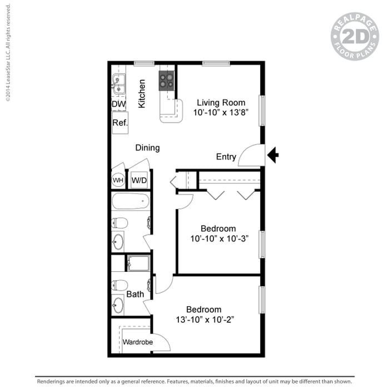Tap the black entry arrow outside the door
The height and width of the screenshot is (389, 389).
(273, 156)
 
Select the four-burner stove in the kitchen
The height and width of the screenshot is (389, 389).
(166, 81)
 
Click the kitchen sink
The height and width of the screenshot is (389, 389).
(118, 85)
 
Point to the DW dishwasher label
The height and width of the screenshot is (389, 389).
(118, 104)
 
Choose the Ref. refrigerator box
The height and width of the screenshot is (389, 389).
(120, 123)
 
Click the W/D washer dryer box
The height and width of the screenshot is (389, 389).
(138, 180)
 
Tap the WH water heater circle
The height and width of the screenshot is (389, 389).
(118, 180)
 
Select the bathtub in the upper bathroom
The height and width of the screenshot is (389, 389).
(131, 201)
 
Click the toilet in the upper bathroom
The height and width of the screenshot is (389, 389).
(119, 223)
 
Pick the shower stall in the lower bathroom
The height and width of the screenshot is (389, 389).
(137, 262)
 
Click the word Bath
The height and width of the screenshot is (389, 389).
(135, 294)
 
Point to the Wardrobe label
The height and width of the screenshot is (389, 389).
(137, 342)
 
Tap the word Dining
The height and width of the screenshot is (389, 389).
(147, 148)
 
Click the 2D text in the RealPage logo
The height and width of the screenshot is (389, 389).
(355, 37)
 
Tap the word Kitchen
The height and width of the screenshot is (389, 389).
(142, 93)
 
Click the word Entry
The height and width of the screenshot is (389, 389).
(226, 157)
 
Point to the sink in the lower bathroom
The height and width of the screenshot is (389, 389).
(118, 305)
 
